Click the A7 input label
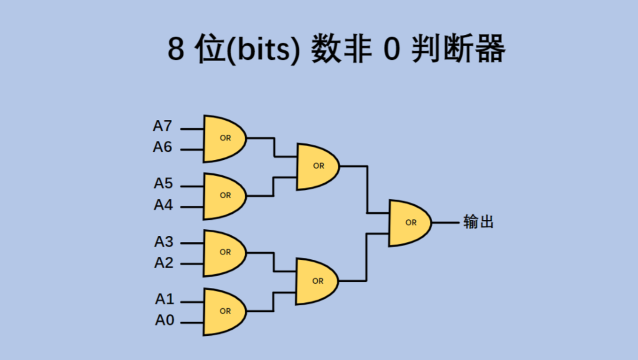coord(162,126)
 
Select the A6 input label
coord(162,147)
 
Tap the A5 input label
coord(163,183)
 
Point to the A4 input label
coord(163,205)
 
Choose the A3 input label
coord(164,241)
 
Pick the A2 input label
coord(164,263)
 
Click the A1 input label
coord(164,299)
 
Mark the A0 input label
coord(164,320)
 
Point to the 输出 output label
coord(478,222)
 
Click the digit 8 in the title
coord(176,49)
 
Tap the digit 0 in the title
coord(391,49)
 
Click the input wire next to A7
coord(192,129)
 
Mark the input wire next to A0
coord(192,323)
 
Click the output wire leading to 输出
coord(445,223)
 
